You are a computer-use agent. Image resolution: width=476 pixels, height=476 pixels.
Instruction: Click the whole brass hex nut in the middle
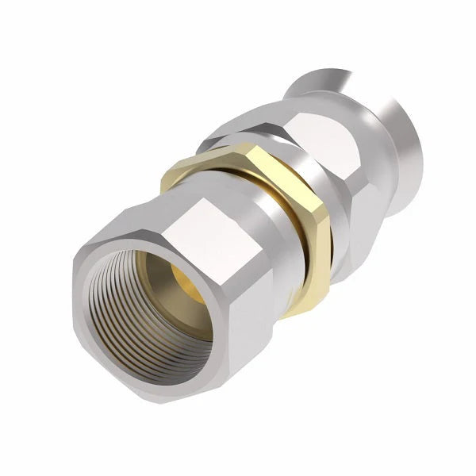click(254, 206)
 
